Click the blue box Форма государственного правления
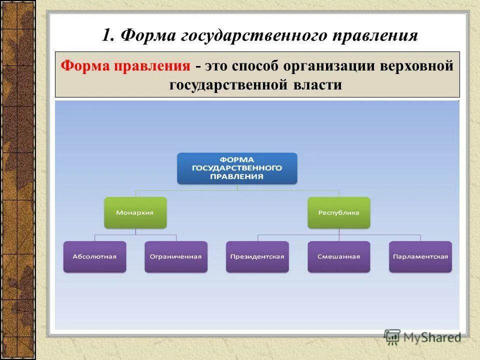pyautogui.click(x=237, y=168)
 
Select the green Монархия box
pyautogui.click(x=135, y=212)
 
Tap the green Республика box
pyautogui.click(x=338, y=212)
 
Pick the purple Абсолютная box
pyautogui.click(x=94, y=256)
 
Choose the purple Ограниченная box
pyautogui.click(x=175, y=256)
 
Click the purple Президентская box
pyautogui.click(x=257, y=256)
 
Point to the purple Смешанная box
pyautogui.click(x=338, y=256)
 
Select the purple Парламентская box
pyautogui.click(x=420, y=256)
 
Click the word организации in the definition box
pyautogui.click(x=326, y=66)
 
